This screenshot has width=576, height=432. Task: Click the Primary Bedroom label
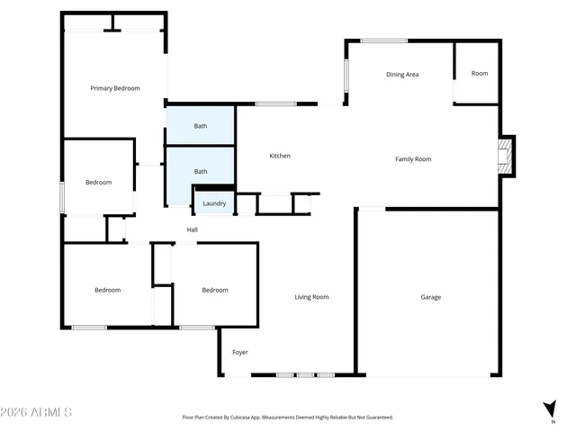[x=114, y=88]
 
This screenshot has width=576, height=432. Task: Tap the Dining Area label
[x=402, y=75]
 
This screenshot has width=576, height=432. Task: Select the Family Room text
[x=413, y=159]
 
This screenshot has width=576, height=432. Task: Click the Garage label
[x=431, y=297]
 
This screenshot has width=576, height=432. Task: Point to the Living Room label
[x=311, y=297]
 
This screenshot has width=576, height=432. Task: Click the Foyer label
[x=240, y=352]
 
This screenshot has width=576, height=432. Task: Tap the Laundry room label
[x=214, y=204]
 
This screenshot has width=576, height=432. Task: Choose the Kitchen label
[x=280, y=157]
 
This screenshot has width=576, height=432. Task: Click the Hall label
[x=192, y=230]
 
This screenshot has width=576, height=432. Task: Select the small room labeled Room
[x=480, y=74]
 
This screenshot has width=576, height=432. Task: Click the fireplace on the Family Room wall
[x=507, y=157]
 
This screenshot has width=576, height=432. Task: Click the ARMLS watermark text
[x=37, y=412]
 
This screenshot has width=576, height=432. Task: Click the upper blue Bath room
[x=200, y=126]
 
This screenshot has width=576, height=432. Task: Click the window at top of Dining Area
[x=384, y=40]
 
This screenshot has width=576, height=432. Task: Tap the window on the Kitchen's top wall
[x=276, y=104]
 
